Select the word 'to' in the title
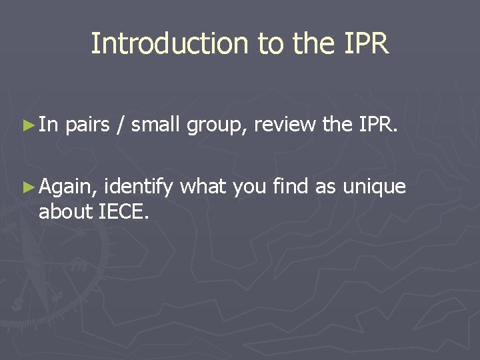click(270, 44)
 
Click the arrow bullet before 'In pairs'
click(27, 123)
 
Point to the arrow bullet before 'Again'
click(27, 187)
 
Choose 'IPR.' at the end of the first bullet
click(377, 124)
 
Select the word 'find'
click(291, 187)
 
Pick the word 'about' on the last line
click(65, 213)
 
